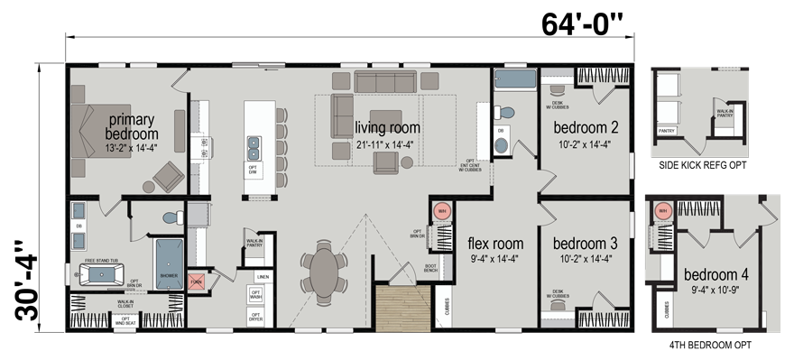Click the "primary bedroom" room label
[x=132, y=126]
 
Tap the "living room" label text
[x=387, y=128]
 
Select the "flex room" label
[x=494, y=243]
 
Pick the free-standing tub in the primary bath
[x=104, y=272]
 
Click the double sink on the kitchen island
[x=255, y=144]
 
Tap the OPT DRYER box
[x=255, y=316]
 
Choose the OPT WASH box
[x=255, y=295]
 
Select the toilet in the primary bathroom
[x=169, y=217]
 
